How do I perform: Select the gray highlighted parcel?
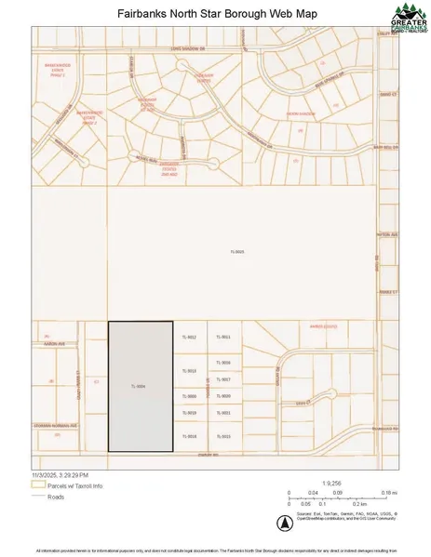(x=141, y=386)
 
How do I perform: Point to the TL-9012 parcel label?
(x=189, y=337)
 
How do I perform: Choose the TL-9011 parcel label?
(x=223, y=337)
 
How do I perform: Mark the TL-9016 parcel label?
(x=223, y=363)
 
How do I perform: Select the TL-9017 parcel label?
(x=223, y=379)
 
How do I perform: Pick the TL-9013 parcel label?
(x=189, y=371)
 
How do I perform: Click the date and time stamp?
(x=61, y=474)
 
